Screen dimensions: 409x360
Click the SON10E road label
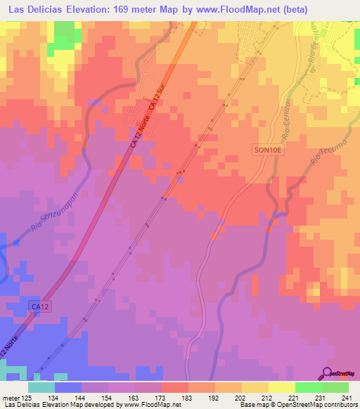click(269, 149)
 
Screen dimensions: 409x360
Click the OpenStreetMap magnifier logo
click(328, 373)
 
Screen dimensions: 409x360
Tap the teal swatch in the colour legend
click(41, 387)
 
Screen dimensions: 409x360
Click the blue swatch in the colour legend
click(68, 387)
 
